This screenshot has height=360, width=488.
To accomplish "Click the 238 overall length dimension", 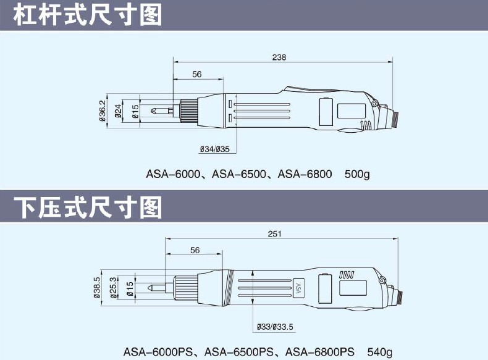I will (279, 57).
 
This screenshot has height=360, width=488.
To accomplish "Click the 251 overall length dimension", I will (276, 233).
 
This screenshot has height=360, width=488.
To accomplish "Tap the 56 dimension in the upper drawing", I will (197, 74).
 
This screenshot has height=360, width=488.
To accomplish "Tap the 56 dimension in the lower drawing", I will (195, 250).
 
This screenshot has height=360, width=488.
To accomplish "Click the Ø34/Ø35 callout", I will (215, 149).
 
